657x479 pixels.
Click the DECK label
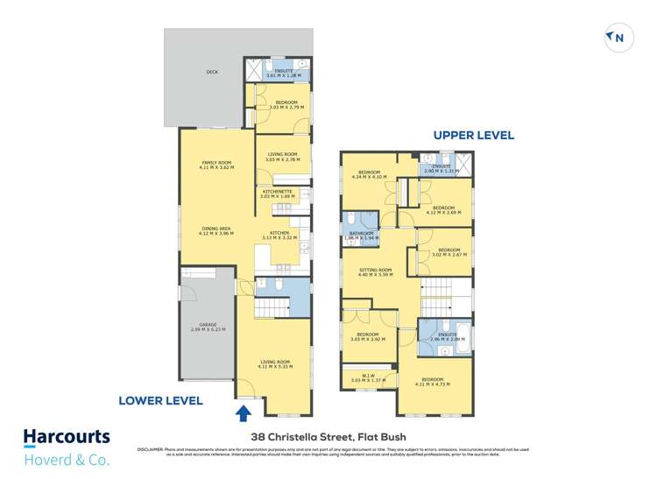212,73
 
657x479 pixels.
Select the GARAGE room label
207,325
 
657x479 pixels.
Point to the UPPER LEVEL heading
473,136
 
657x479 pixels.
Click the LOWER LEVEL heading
161,400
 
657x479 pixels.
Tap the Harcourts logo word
67,437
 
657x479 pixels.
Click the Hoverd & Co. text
67,457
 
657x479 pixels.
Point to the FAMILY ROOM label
215,162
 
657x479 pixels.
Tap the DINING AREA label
215,229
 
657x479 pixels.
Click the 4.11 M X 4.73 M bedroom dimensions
434,383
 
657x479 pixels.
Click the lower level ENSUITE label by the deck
284,70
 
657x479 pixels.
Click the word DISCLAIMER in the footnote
152,449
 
